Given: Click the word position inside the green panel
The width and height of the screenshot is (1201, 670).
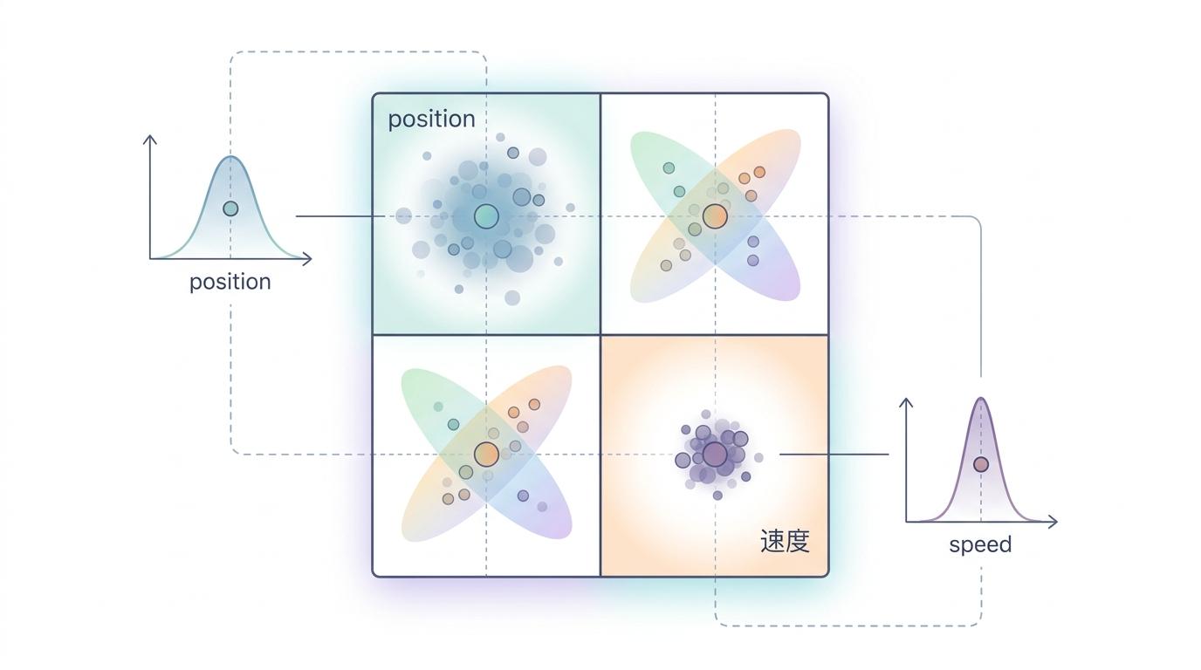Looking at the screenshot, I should coord(431,119).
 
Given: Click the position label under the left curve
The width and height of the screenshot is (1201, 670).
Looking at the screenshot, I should coord(230,282).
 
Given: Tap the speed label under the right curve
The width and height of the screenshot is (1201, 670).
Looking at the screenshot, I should coord(980,544).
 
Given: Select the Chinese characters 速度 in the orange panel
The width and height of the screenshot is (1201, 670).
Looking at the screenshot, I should coord(785,541).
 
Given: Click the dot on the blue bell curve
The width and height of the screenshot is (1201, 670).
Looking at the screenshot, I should coord(230,209).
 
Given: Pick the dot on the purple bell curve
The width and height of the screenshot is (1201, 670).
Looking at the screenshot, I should coord(981,464).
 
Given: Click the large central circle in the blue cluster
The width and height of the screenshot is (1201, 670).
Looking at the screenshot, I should coord(486,216).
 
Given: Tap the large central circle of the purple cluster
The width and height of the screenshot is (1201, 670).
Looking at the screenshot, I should coord(715,455).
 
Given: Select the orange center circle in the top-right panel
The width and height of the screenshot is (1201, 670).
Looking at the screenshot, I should coord(715,216).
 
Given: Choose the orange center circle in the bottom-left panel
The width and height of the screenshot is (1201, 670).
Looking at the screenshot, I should coord(486,454).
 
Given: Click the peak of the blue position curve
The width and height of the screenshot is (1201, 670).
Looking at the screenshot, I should coord(230,158).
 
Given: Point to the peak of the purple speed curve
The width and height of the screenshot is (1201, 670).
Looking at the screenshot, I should coord(981,399).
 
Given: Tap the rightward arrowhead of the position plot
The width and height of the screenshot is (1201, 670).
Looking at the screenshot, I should coord(308,258).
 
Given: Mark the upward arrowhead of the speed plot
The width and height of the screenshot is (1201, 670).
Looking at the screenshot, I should coord(906,401).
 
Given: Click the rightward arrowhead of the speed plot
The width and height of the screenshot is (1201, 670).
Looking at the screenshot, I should coord(1053,522).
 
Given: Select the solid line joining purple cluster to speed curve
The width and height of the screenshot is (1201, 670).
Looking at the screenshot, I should coord(834,455).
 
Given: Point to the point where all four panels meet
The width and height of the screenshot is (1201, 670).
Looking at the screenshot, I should coord(600,335).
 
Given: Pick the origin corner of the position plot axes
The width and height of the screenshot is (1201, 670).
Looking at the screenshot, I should coord(150,258).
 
